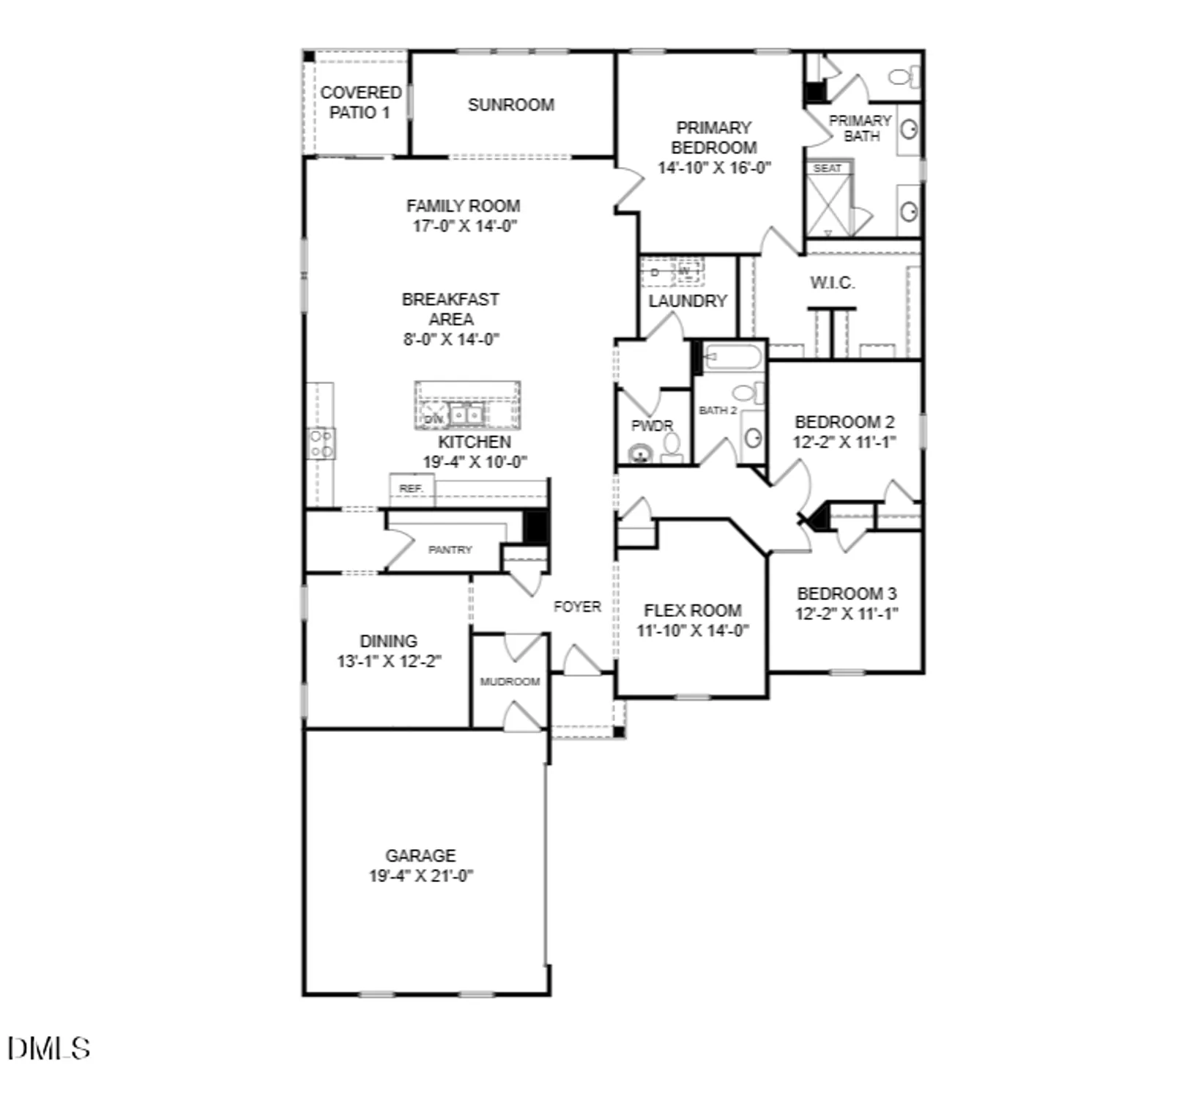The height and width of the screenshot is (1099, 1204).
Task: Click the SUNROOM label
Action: point(510,105)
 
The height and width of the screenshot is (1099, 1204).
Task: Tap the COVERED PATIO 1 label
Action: point(360,103)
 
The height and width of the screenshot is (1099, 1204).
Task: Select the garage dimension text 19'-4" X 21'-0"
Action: point(421,876)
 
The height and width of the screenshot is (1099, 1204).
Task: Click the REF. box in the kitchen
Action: point(411,489)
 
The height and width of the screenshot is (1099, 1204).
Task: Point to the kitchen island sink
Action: point(467,415)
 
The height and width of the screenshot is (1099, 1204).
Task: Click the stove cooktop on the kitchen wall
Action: point(322,443)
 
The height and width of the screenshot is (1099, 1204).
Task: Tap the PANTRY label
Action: point(450,549)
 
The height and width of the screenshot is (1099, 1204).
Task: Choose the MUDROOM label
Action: point(510,681)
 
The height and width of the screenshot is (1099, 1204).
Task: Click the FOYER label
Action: point(577,607)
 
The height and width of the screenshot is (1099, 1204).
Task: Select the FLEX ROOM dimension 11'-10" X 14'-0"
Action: point(692,631)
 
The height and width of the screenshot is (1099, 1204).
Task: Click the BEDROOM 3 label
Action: point(847,593)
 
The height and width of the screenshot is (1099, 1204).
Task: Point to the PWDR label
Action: point(651,426)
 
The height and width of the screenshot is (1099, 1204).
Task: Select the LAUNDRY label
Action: point(687,301)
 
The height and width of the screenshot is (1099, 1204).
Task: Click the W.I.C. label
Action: point(832,283)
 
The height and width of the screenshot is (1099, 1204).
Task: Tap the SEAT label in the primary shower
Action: point(828,169)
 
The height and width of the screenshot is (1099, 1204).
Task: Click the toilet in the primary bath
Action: point(902,76)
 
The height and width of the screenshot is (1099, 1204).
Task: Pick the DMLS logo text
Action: point(49,1048)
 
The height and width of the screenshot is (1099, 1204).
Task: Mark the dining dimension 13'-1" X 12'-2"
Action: point(389,661)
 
